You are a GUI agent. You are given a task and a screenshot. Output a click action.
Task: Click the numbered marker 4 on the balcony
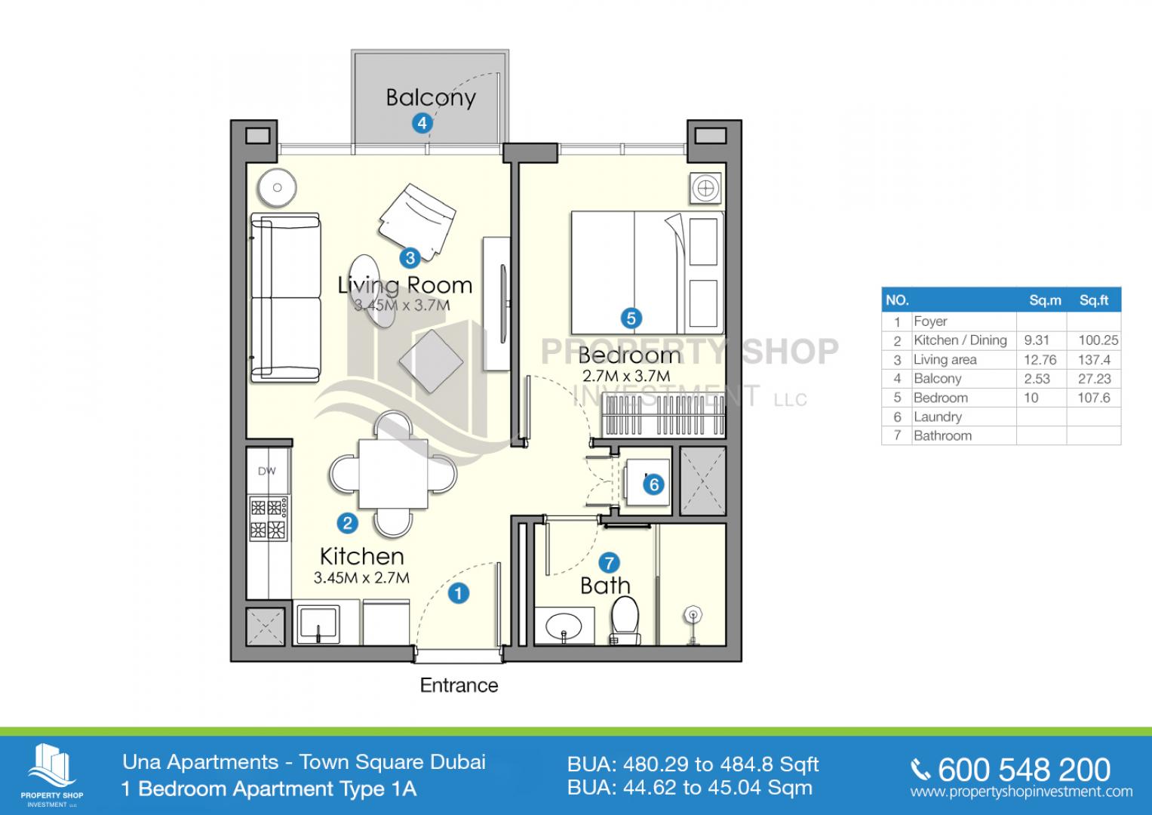click(x=422, y=123)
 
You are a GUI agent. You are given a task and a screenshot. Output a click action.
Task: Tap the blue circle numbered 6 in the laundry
click(x=653, y=484)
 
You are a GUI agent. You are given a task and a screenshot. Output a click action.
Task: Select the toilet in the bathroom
click(x=625, y=620)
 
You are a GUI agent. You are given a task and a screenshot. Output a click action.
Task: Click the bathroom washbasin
click(x=564, y=626)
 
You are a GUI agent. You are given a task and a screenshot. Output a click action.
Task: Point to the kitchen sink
click(x=318, y=624)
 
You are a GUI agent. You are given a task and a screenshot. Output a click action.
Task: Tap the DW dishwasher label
click(x=266, y=471)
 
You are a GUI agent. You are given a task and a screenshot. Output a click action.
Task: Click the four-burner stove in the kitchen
click(x=269, y=518)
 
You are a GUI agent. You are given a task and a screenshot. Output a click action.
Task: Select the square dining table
click(x=393, y=474)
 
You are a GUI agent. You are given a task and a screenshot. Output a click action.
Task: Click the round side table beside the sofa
click(x=277, y=187)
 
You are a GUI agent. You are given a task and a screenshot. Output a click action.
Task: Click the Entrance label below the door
click(x=459, y=685)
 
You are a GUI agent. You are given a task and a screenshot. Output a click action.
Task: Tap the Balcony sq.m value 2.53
click(x=1037, y=379)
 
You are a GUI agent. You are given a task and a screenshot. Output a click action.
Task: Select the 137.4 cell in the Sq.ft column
click(x=1095, y=360)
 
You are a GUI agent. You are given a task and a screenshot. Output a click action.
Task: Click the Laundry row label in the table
click(x=938, y=417)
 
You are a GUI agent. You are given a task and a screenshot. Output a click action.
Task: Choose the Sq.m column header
click(x=1045, y=300)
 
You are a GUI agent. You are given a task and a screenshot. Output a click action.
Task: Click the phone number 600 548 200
click(x=1024, y=770)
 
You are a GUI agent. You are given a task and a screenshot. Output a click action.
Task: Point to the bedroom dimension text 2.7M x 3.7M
click(x=626, y=376)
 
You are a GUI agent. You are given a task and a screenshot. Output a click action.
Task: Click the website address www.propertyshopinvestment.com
click(x=1021, y=792)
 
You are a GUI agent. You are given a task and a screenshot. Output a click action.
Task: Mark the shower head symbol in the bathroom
click(x=693, y=614)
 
